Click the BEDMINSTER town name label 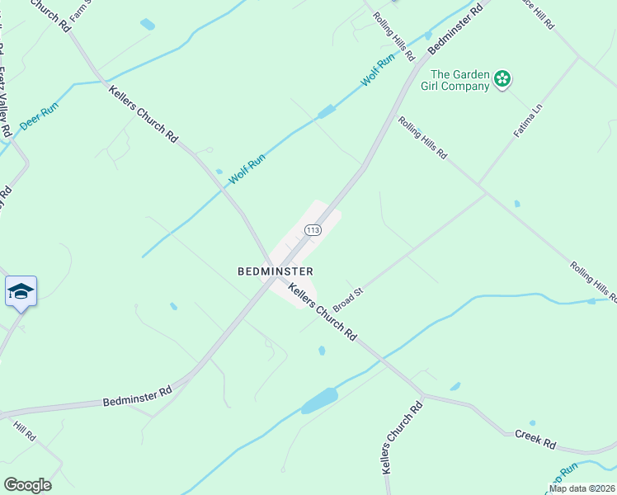click(x=275, y=271)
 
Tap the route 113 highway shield click(x=312, y=230)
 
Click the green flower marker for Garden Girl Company click(x=502, y=80)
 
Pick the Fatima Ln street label click(x=530, y=120)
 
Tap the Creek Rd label click(x=535, y=439)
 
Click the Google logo click(x=27, y=484)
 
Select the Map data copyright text click(x=582, y=488)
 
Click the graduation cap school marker click(x=21, y=291)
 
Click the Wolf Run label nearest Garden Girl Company click(x=378, y=72)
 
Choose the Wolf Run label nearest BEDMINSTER click(x=246, y=165)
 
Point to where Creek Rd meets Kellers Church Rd click(x=422, y=394)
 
